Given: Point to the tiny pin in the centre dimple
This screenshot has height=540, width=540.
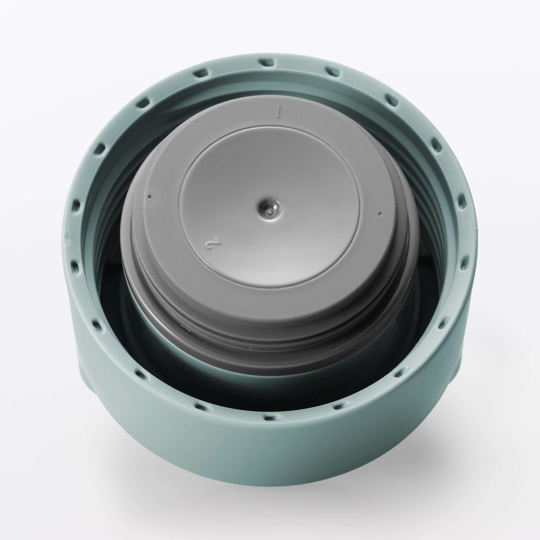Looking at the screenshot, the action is (x=269, y=212).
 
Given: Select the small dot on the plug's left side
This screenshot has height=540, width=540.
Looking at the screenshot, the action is (x=150, y=196).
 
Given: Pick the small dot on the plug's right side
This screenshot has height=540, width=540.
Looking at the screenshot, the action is (x=379, y=214).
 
